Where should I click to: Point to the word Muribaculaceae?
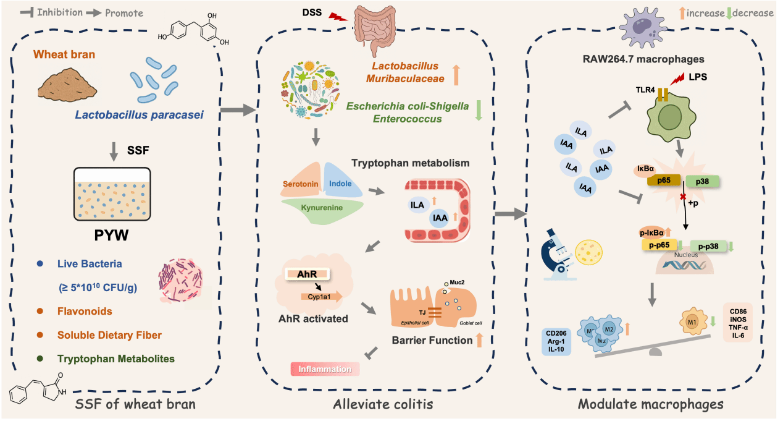404,78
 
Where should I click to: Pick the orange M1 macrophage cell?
690,322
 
